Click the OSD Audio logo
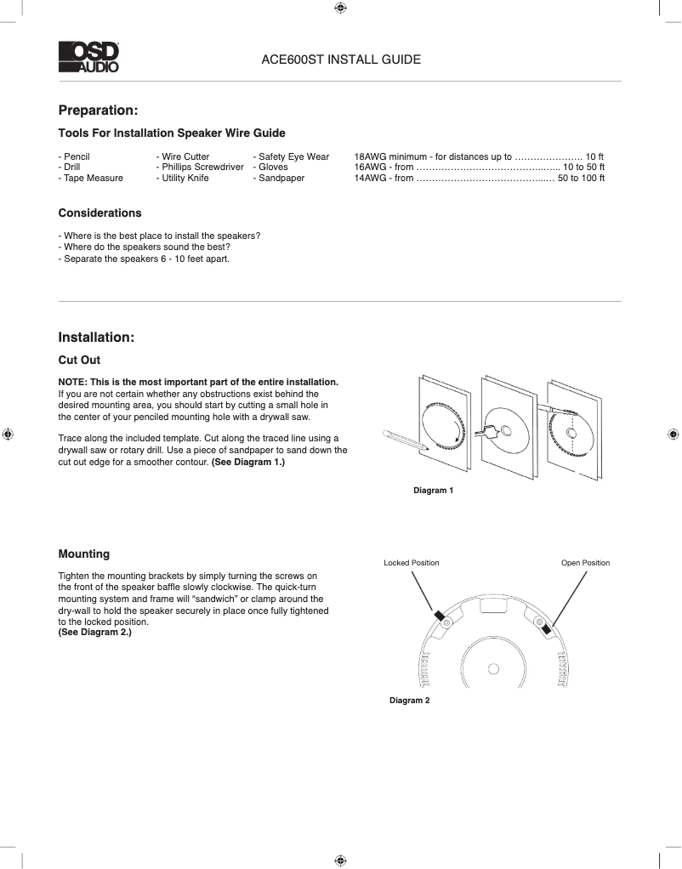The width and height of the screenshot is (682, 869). click(x=88, y=57)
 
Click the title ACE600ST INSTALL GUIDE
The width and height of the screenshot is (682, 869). click(x=340, y=60)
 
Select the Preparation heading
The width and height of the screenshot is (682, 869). click(x=98, y=111)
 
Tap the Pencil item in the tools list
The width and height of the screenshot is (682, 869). click(x=76, y=156)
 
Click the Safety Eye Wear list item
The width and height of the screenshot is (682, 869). click(x=293, y=156)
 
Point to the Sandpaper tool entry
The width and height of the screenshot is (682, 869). click(x=281, y=179)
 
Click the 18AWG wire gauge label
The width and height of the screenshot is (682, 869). click(x=370, y=156)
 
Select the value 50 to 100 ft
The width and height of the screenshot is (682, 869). click(x=581, y=179)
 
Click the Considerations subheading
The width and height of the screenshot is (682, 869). click(x=99, y=213)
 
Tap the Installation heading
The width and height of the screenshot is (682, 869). click(x=96, y=338)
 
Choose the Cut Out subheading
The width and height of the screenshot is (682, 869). click(x=79, y=361)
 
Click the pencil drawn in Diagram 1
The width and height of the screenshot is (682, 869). click(x=404, y=439)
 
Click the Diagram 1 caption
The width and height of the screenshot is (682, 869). click(x=434, y=491)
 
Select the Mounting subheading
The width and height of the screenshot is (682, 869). click(x=83, y=554)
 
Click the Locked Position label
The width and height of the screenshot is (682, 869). click(x=412, y=563)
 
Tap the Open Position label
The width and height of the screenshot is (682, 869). click(x=585, y=563)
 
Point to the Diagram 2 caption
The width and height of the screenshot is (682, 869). click(x=410, y=700)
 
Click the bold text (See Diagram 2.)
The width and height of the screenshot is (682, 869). click(x=94, y=633)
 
